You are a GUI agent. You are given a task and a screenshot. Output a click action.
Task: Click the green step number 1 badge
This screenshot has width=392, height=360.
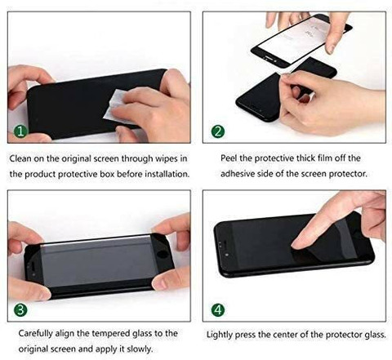21,131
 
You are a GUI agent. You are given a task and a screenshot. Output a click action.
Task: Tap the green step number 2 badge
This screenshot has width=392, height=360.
218,131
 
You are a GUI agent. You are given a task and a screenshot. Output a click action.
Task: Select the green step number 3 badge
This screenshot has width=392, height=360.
20,310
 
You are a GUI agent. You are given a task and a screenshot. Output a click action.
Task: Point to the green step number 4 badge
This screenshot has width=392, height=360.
218,310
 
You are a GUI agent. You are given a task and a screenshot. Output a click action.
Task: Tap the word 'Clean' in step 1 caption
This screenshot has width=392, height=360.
20,158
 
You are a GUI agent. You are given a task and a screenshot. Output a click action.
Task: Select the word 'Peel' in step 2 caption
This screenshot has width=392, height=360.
229,158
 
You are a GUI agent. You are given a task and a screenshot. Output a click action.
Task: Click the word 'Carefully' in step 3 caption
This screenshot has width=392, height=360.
35,333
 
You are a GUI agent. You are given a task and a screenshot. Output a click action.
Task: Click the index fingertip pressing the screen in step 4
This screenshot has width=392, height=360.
296,245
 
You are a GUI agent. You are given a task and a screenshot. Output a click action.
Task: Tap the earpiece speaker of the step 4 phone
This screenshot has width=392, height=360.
224,242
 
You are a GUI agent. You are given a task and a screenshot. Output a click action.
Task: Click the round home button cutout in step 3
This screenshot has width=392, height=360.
163,254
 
